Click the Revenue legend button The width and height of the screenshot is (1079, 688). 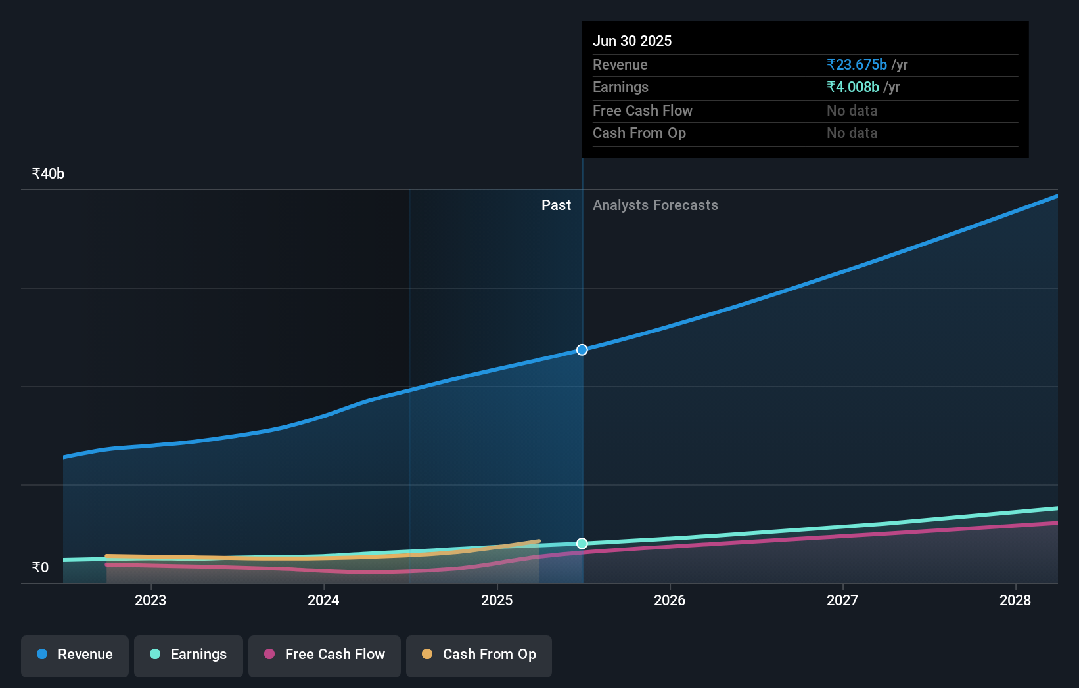tap(75, 655)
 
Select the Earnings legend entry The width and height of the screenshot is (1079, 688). tap(189, 655)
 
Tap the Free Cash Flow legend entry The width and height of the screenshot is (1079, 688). tap(325, 655)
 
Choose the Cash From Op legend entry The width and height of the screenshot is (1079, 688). tap(479, 655)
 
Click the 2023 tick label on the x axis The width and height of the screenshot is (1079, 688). tap(150, 600)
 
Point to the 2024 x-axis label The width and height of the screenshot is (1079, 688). tap(323, 600)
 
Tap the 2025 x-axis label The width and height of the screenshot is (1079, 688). tap(497, 600)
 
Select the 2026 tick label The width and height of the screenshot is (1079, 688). tap(670, 600)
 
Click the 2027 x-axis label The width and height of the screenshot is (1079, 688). tap(842, 600)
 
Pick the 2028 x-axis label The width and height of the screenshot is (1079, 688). tap(1015, 600)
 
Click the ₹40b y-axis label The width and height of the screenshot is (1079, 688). tap(48, 173)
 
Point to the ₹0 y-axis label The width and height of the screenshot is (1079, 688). tap(40, 567)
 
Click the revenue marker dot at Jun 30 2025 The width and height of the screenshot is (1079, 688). tap(582, 350)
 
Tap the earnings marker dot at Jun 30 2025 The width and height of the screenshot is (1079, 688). tap(582, 544)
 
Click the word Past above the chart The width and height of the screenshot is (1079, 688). tap(556, 205)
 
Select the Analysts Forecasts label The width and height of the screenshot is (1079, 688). tap(655, 205)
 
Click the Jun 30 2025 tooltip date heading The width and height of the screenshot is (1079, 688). tap(632, 41)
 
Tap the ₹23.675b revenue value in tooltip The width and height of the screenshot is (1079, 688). tap(857, 64)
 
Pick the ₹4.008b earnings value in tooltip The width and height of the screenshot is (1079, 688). tap(853, 87)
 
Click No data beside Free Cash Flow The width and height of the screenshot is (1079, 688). tap(852, 110)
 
